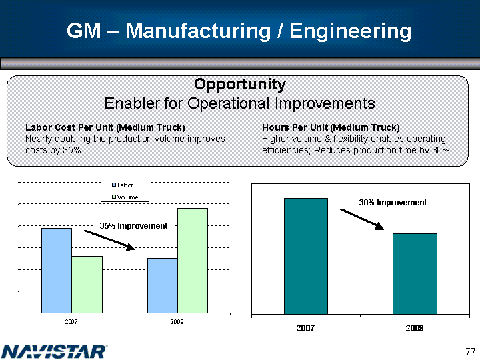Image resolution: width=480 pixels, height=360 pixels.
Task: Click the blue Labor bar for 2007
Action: coord(56,270)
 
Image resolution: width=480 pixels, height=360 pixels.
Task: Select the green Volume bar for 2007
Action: coord(87,284)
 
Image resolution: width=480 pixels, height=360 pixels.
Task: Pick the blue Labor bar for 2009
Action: coord(162,285)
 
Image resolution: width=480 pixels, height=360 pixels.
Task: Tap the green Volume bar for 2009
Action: coord(193,260)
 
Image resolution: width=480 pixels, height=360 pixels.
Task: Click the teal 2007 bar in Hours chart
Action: coord(305,255)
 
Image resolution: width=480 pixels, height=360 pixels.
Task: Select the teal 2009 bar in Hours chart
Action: coord(415,273)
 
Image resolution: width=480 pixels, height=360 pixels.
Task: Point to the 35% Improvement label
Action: coord(133,226)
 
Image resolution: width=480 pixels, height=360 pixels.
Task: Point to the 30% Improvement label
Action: coord(393,202)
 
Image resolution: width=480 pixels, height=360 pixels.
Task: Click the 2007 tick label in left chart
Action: coord(71,322)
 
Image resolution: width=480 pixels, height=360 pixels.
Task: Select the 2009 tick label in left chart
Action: coord(177,322)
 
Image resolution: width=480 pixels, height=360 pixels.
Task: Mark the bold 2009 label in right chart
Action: coord(414,329)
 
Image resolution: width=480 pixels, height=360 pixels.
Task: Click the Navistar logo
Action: coord(55,351)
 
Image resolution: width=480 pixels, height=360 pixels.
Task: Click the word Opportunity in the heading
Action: coord(240,85)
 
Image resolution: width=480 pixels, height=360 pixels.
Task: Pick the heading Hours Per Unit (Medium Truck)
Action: coord(331,127)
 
